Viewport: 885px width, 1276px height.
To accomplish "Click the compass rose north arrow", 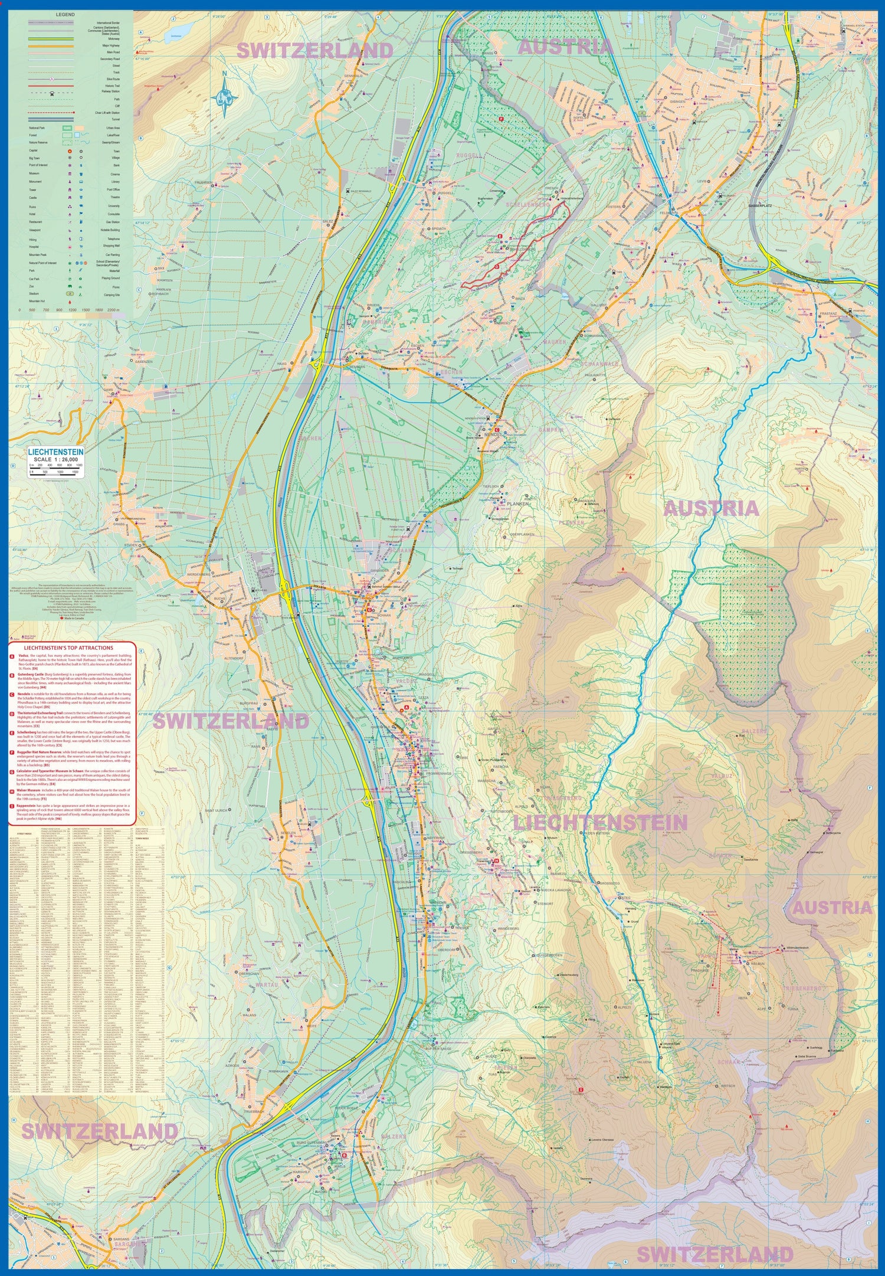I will (x=225, y=94).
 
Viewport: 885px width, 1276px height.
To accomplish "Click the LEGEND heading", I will (x=65, y=14).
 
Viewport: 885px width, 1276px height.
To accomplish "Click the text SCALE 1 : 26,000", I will (x=55, y=459).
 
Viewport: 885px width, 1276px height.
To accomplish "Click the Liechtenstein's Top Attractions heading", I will (x=73, y=647).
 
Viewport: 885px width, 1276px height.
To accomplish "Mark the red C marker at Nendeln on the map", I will (x=497, y=430).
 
